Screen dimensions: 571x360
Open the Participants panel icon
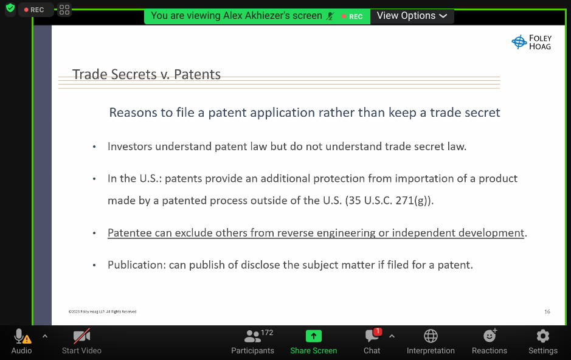[x=252, y=336]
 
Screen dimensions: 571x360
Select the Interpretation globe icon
[x=431, y=336]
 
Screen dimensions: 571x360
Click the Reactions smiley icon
[x=490, y=335]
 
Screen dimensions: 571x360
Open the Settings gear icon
[x=543, y=336]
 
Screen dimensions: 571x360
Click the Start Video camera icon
[x=81, y=336]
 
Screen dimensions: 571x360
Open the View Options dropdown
[x=412, y=16]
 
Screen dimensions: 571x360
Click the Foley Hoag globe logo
[x=519, y=42]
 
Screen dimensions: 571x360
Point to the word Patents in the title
[x=197, y=74]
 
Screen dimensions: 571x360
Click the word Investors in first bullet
[x=130, y=147]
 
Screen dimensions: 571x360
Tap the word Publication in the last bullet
[x=137, y=265]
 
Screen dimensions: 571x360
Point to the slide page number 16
[x=547, y=311]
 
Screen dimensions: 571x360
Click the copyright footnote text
[x=102, y=311]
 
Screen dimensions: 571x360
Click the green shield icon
[x=10, y=8]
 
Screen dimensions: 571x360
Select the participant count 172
[x=267, y=333]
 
